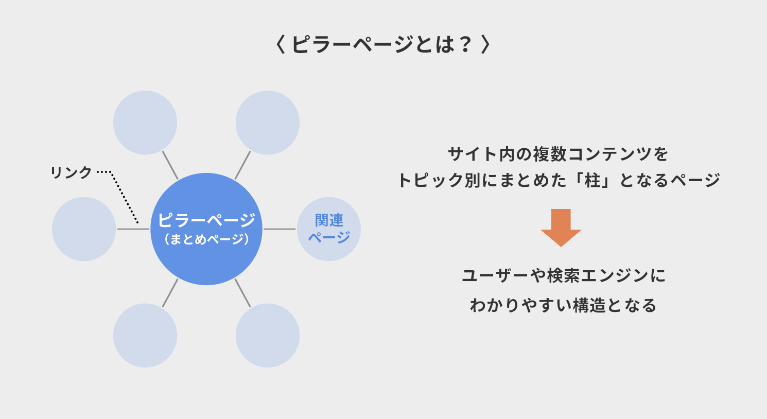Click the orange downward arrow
coord(561,228)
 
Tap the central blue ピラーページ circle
coord(206,229)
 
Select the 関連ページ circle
coord(329,229)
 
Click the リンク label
coord(71,172)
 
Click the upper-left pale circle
coord(145,123)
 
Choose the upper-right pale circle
coord(268,123)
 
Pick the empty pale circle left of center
coord(84,229)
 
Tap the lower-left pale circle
coord(145,335)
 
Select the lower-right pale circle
coord(268,335)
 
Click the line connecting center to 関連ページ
coord(280,229)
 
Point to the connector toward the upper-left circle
coord(170,165)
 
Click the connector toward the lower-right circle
coord(242,293)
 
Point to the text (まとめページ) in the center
coord(206,239)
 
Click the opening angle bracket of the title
coord(281,44)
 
